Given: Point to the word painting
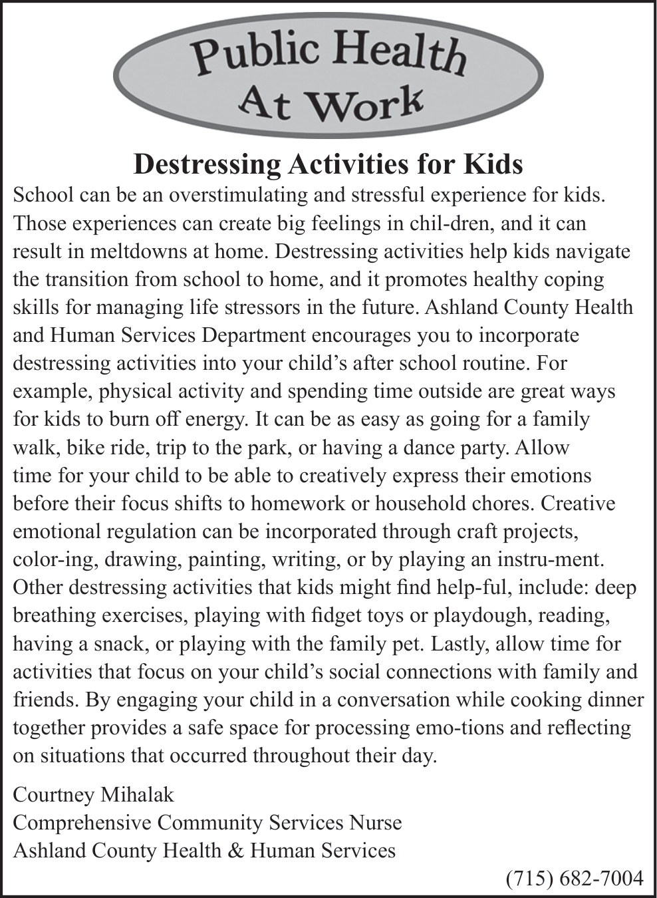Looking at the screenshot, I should pyautogui.click(x=227, y=559).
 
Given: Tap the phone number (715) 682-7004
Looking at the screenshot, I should pyautogui.click(x=575, y=879).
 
